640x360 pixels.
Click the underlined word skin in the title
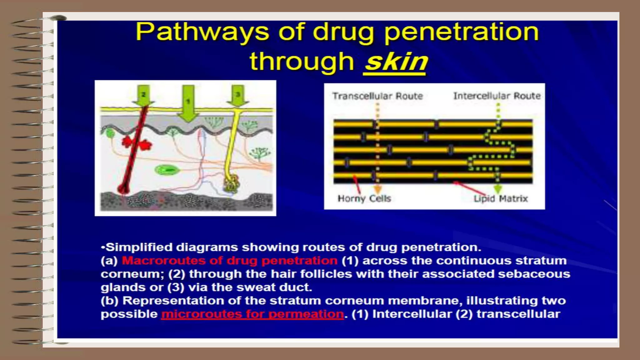click(x=396, y=62)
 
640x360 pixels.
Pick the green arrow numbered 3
click(x=238, y=96)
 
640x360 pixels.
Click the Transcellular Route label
click(x=377, y=96)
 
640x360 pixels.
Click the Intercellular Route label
click(x=497, y=96)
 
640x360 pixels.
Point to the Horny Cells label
click(x=364, y=198)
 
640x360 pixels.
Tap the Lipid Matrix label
click(x=501, y=198)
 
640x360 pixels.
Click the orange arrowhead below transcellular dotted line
click(x=377, y=189)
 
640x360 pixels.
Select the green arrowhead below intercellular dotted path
click(x=497, y=188)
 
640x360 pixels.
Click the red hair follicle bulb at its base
click(x=123, y=189)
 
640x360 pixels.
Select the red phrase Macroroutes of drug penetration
click(x=229, y=261)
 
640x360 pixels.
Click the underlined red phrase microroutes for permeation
click(x=252, y=314)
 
